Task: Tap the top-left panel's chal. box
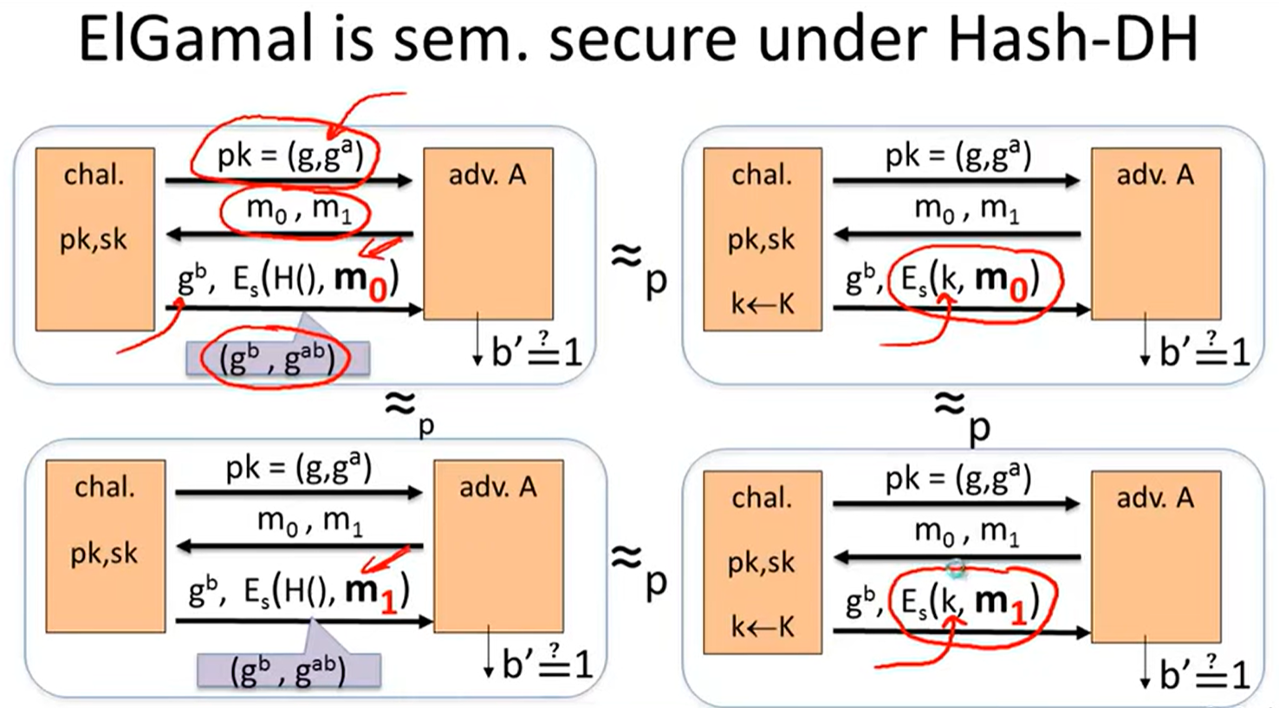pyautogui.click(x=94, y=238)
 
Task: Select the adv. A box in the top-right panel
pyautogui.click(x=1155, y=233)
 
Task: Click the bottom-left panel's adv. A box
pyautogui.click(x=498, y=546)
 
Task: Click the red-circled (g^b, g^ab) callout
pyautogui.click(x=277, y=358)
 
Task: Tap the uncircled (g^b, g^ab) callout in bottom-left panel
pyautogui.click(x=289, y=669)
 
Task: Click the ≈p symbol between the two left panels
pyautogui.click(x=408, y=409)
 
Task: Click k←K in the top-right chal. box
pyautogui.click(x=762, y=304)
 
